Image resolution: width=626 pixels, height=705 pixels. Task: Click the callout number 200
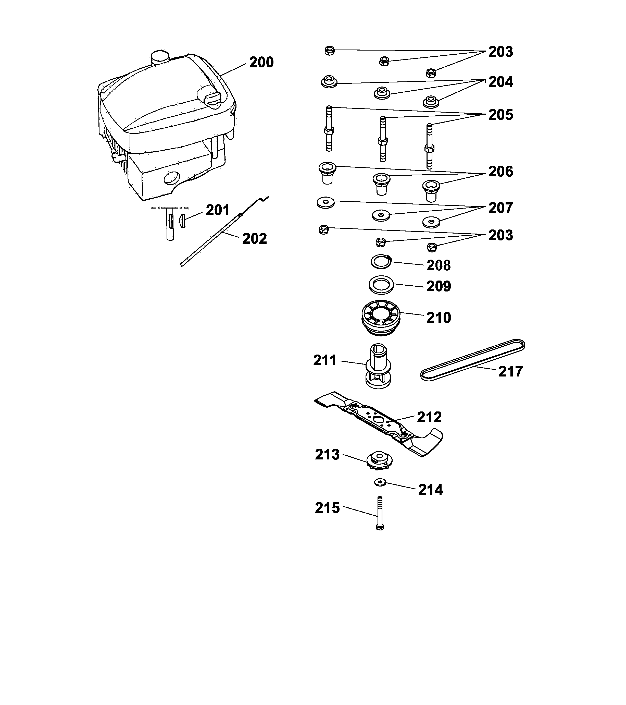(261, 63)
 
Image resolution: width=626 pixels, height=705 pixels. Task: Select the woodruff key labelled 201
(182, 221)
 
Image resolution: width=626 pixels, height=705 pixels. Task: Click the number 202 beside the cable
(254, 239)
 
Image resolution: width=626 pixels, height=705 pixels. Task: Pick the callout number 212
(429, 417)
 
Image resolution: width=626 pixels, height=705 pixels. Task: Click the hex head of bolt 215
(380, 527)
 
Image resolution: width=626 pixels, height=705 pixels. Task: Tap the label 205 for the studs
(500, 115)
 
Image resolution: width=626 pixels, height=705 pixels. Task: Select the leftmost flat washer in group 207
(325, 202)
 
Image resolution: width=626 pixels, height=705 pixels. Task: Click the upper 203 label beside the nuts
(500, 52)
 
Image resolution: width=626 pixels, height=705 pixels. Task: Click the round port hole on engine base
(172, 178)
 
